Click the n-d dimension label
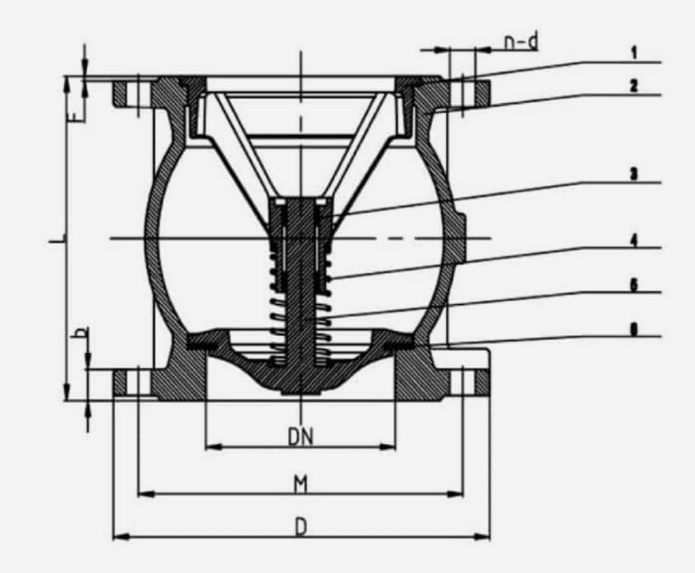[x=521, y=41]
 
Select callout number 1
[x=633, y=52]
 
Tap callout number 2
[x=633, y=86]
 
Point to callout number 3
[x=633, y=174]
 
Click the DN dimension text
[x=300, y=437]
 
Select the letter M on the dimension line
[x=301, y=484]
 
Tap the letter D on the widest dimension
[x=301, y=527]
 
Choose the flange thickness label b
[x=81, y=333]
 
